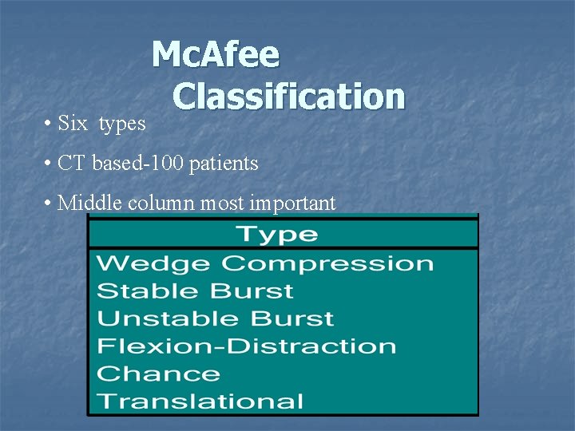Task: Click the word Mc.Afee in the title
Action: pyautogui.click(x=215, y=55)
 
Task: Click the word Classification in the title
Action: pyautogui.click(x=288, y=97)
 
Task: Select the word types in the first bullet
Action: pyautogui.click(x=122, y=125)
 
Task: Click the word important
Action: pyautogui.click(x=292, y=204)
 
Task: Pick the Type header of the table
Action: pyautogui.click(x=276, y=235)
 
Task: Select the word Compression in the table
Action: pyautogui.click(x=327, y=263)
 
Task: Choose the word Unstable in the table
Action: pyautogui.click(x=169, y=318)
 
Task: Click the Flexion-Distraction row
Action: pyautogui.click(x=246, y=346)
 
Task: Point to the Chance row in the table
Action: pyautogui.click(x=158, y=374)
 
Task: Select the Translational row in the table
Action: pyautogui.click(x=200, y=401)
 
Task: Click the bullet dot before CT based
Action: pyautogui.click(x=50, y=164)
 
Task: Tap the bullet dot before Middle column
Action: pyautogui.click(x=50, y=204)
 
